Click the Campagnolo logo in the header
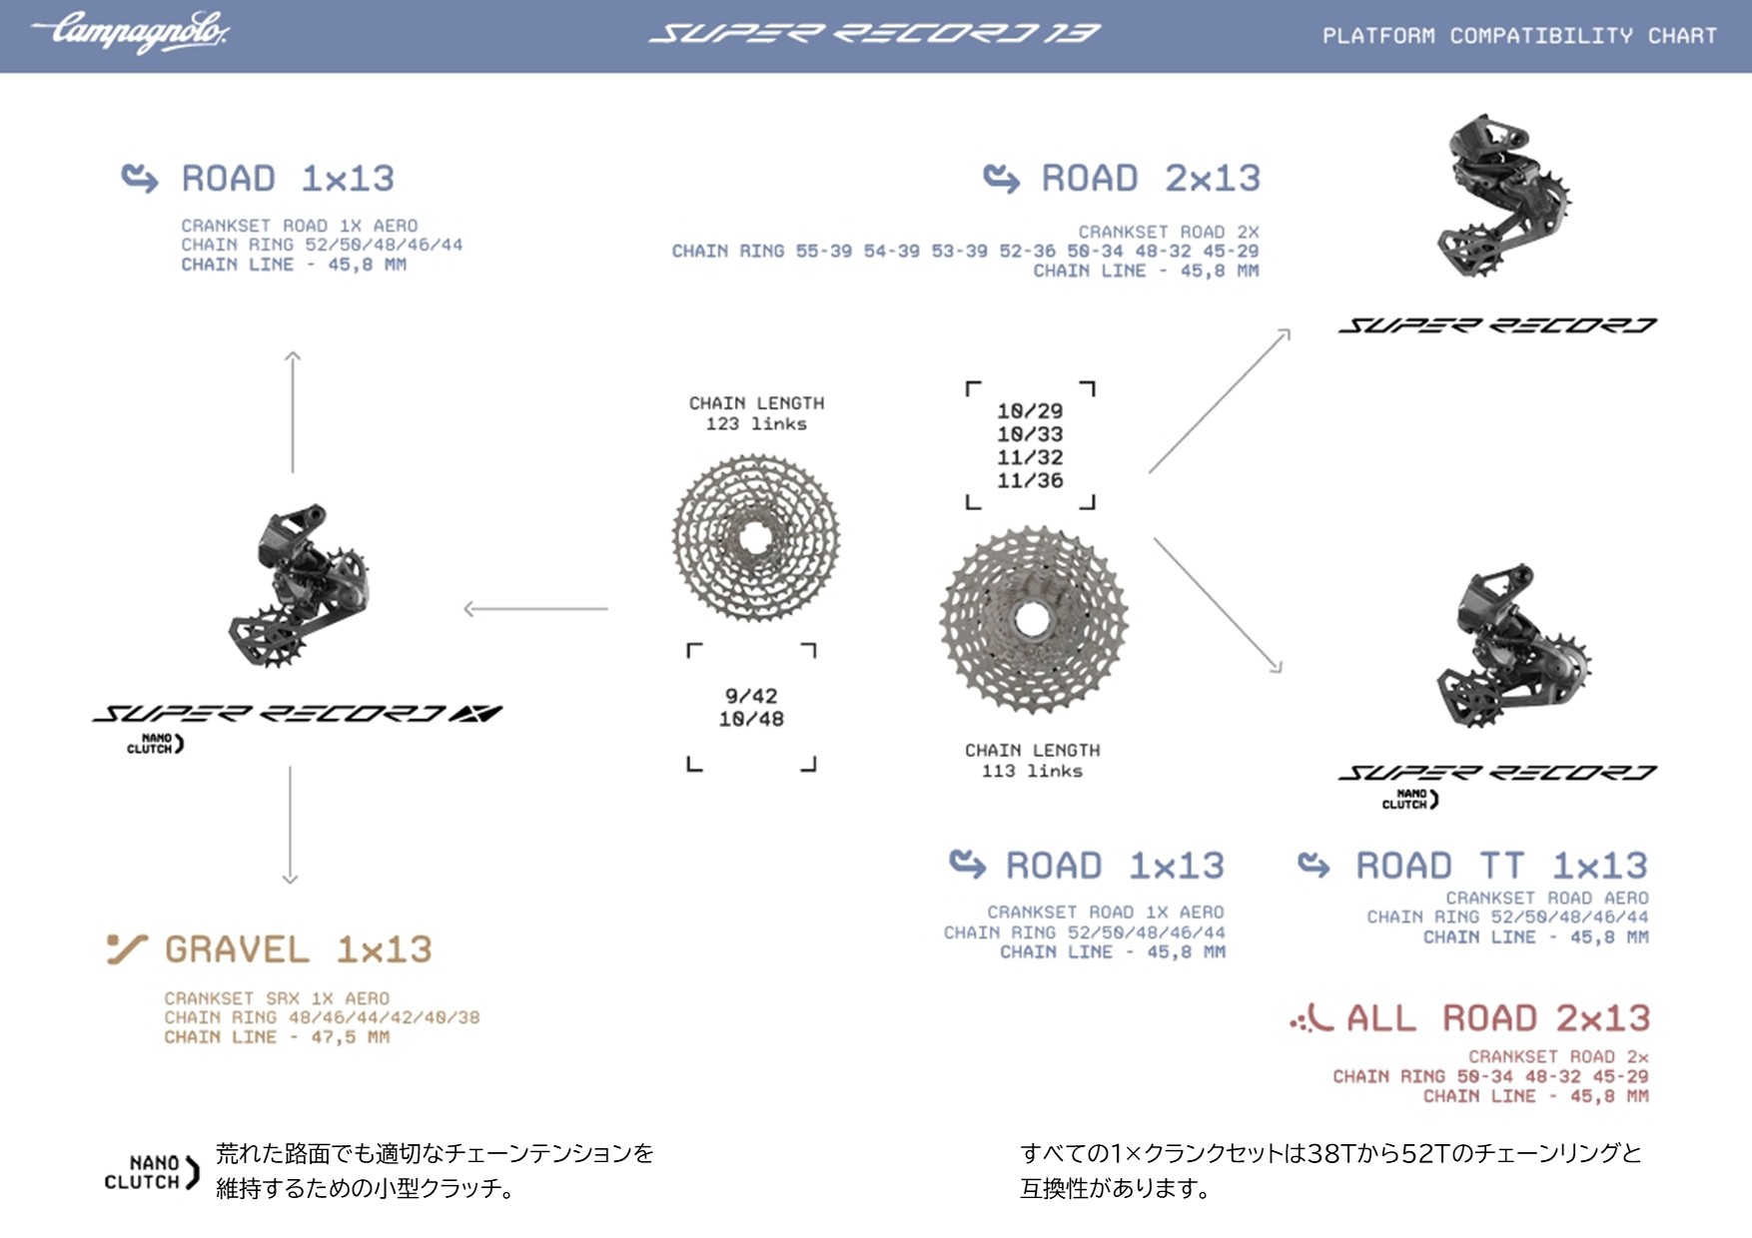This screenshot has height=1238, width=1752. click(130, 32)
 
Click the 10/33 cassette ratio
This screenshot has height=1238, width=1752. click(1030, 434)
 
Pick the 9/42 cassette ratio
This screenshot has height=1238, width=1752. click(751, 696)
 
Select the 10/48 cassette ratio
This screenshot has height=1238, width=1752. click(751, 719)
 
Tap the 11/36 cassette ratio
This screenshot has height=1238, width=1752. click(1030, 481)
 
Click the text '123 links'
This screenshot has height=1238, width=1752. click(756, 424)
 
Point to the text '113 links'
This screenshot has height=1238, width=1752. click(1032, 771)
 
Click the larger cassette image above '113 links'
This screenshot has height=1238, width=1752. click(1033, 620)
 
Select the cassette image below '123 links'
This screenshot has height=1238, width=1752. click(756, 538)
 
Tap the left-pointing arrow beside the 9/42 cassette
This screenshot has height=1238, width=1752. click(535, 608)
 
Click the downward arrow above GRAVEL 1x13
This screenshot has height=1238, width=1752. click(291, 825)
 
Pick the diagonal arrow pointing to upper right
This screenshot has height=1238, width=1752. click(1220, 400)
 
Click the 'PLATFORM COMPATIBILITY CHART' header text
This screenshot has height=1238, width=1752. click(1519, 36)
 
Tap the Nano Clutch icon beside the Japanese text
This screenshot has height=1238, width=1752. click(152, 1172)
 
